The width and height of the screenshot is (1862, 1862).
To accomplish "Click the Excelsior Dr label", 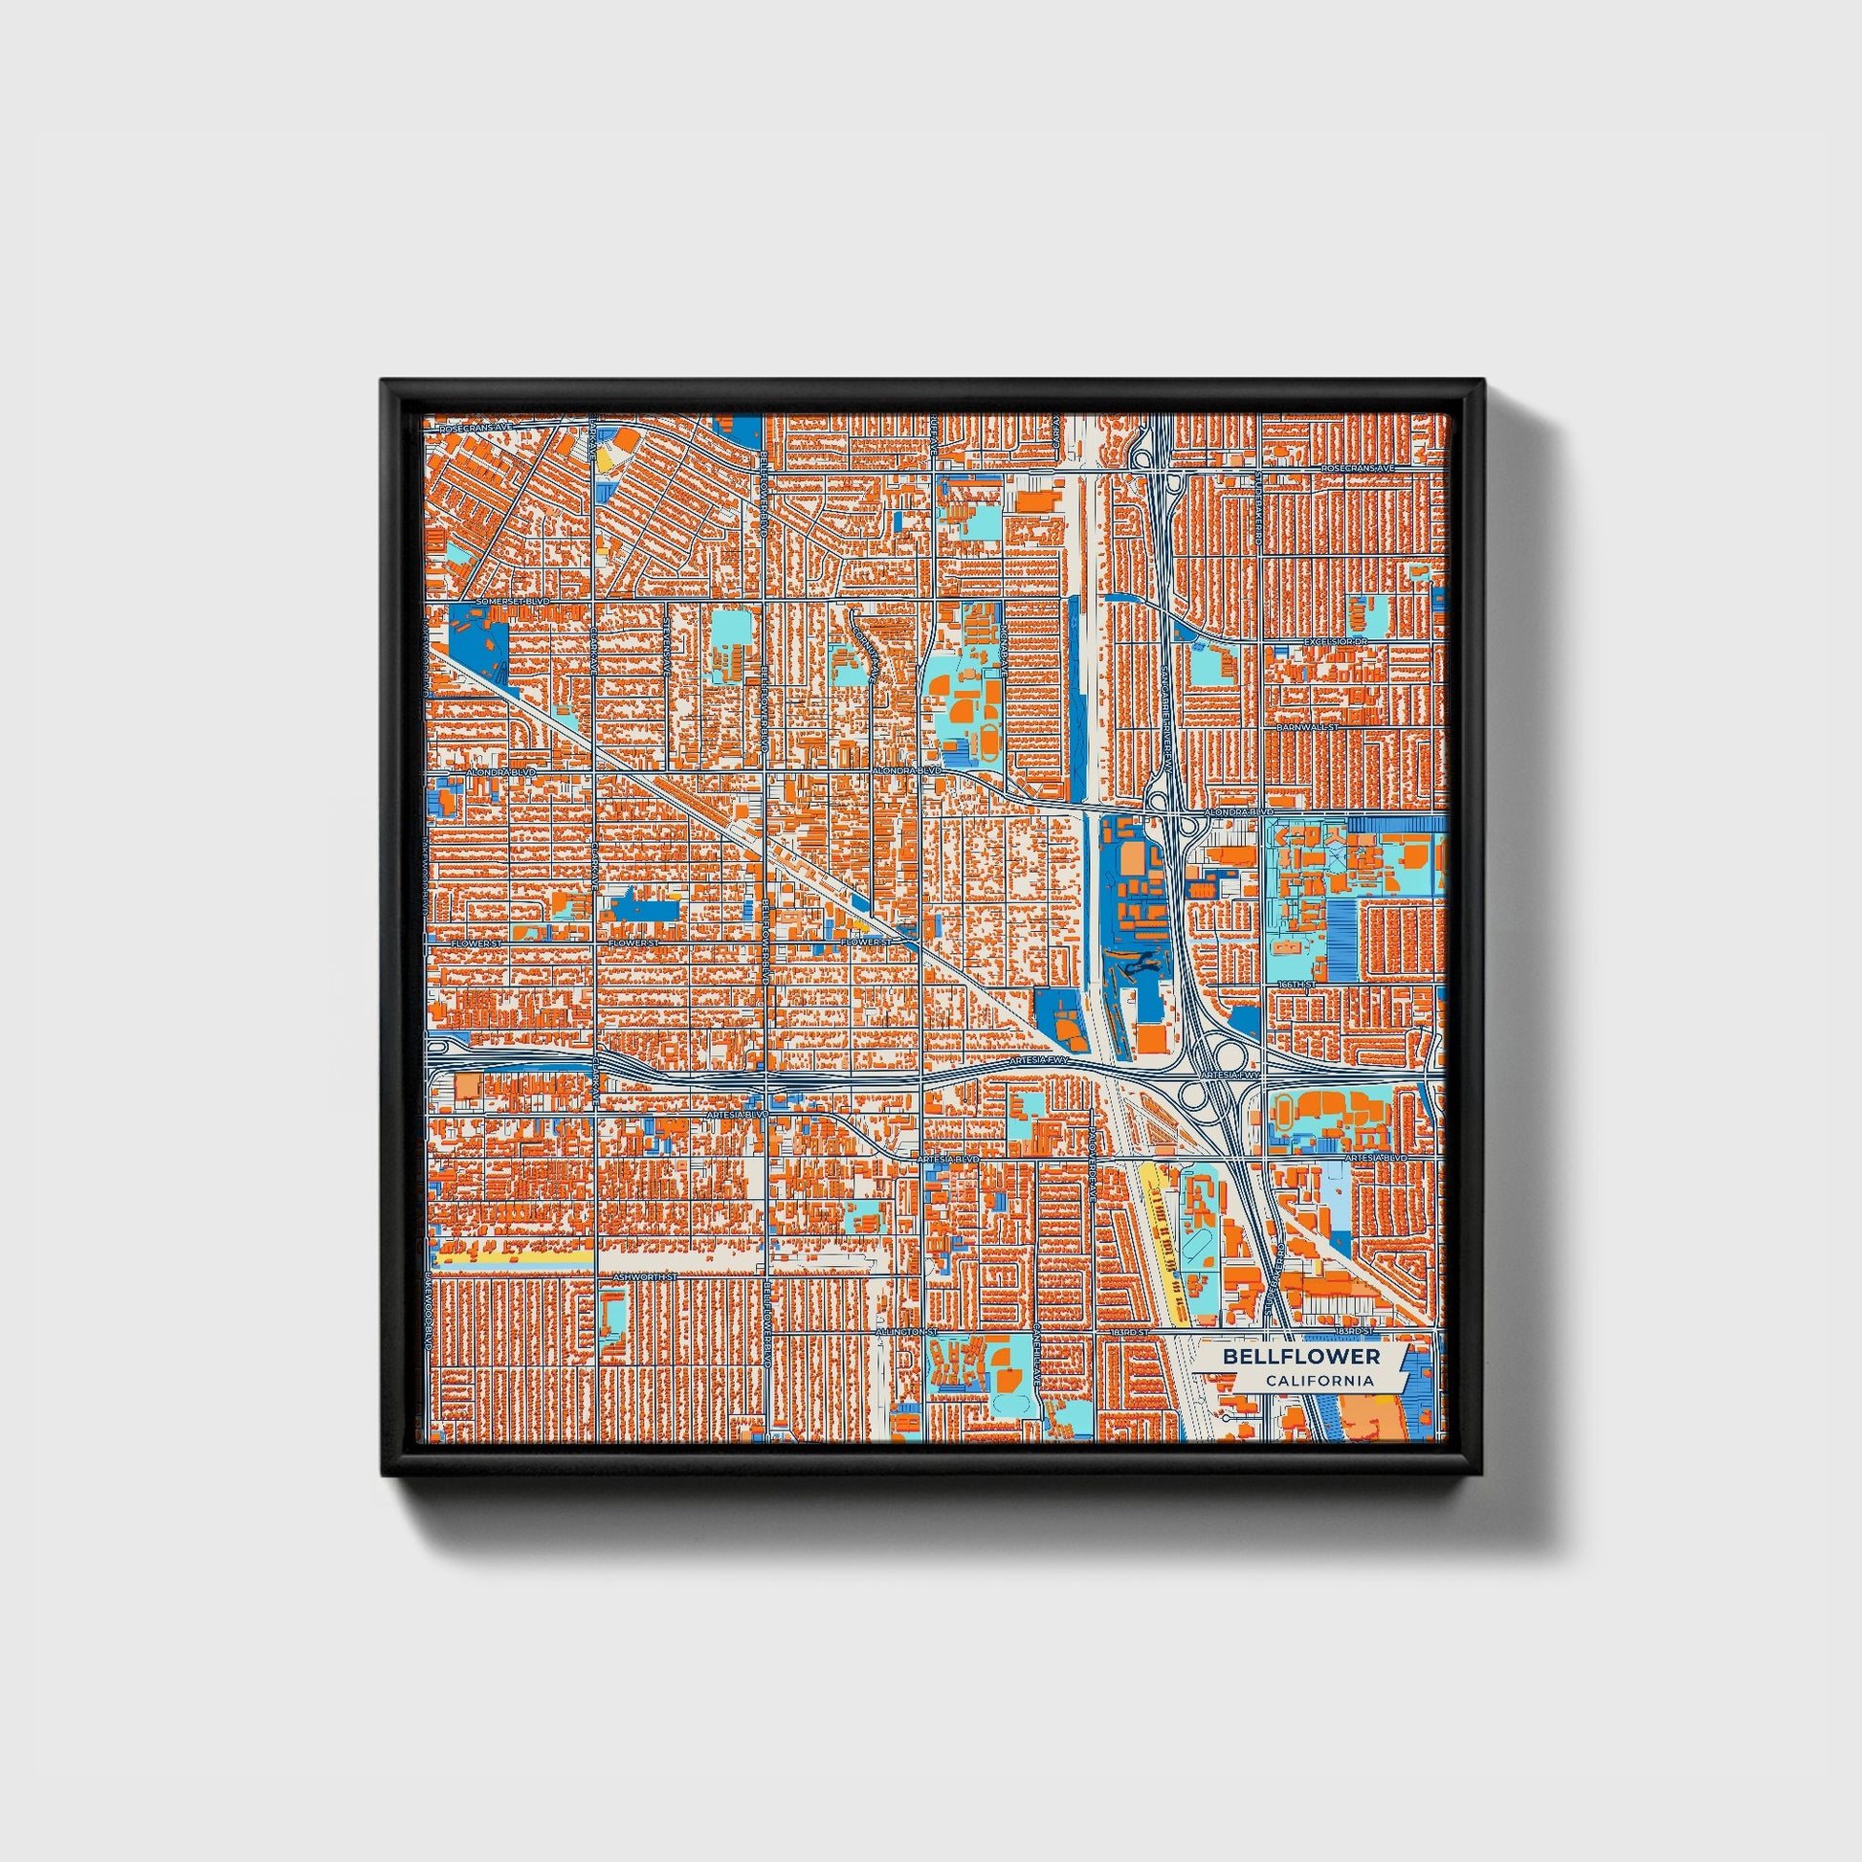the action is pos(1335,641).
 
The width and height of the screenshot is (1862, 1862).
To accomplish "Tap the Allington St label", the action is pos(906,1332).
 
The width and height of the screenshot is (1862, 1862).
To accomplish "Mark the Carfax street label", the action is pos(1056,429).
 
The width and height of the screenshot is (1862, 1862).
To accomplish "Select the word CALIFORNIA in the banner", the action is pos(1319,1381).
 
